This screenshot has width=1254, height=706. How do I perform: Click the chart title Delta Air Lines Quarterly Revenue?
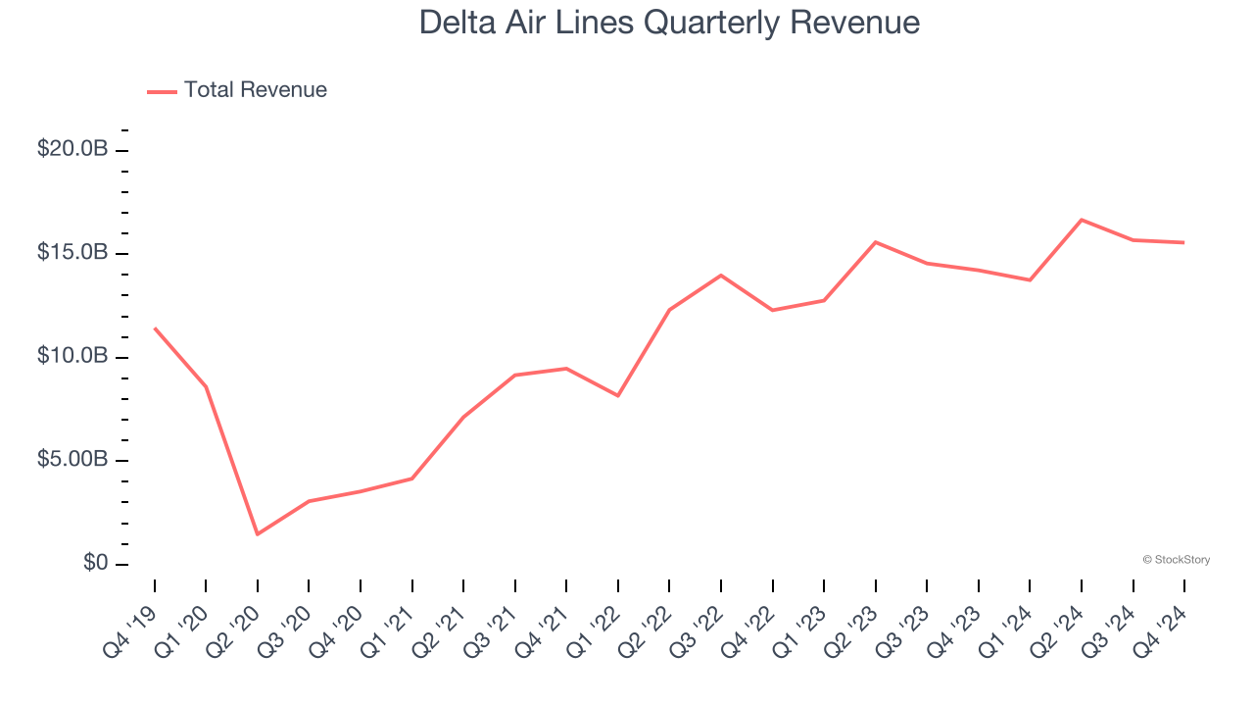tap(669, 23)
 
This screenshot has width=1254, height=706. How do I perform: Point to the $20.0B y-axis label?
tap(72, 150)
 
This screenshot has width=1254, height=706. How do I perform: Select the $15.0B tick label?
tap(72, 253)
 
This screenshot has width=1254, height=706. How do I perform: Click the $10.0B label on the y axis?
tap(72, 357)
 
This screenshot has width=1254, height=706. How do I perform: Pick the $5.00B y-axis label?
tap(72, 460)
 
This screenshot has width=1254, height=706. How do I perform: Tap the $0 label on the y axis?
tap(94, 564)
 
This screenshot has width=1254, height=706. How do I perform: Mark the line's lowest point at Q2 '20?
tap(258, 534)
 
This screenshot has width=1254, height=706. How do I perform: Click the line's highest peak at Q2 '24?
tap(1082, 220)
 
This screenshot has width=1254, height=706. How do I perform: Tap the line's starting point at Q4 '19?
tap(155, 328)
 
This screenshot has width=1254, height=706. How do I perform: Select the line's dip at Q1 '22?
tap(618, 396)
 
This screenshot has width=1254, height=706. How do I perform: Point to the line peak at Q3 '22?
tap(721, 276)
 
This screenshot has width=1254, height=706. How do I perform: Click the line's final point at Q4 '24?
tap(1184, 242)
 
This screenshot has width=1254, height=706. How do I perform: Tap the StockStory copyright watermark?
tap(1176, 560)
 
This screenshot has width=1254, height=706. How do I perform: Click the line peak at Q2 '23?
tap(876, 242)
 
